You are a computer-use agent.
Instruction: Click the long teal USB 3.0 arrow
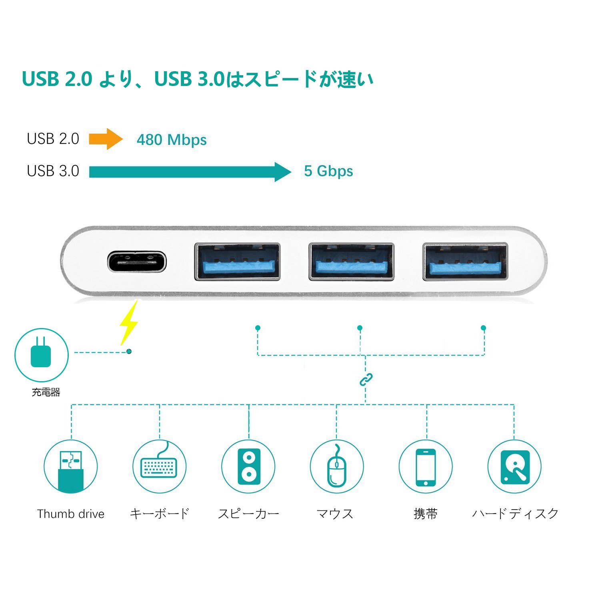tap(190, 172)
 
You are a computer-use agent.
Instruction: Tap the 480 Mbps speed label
tap(172, 140)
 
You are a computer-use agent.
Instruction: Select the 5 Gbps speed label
tap(328, 171)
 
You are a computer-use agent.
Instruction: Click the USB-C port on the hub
tap(137, 262)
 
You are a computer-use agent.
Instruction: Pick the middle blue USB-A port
tap(351, 262)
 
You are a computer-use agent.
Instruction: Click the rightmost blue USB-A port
tap(465, 262)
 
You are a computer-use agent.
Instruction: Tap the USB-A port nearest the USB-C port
tap(237, 262)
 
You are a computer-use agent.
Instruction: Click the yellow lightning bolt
tap(130, 323)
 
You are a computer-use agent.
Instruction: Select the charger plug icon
tap(41, 354)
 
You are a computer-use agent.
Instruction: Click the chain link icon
tap(366, 380)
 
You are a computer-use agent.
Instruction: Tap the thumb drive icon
tap(71, 466)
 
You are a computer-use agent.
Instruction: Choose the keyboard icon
tap(159, 466)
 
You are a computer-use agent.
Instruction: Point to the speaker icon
tap(248, 466)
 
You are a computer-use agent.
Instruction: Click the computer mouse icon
tap(337, 466)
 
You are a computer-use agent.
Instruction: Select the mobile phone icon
tap(426, 466)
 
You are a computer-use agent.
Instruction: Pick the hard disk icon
tap(514, 466)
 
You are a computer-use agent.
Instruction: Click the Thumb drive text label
tap(71, 514)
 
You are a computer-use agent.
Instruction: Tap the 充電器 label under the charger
tap(46, 392)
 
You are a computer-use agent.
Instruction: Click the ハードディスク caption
tap(515, 514)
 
